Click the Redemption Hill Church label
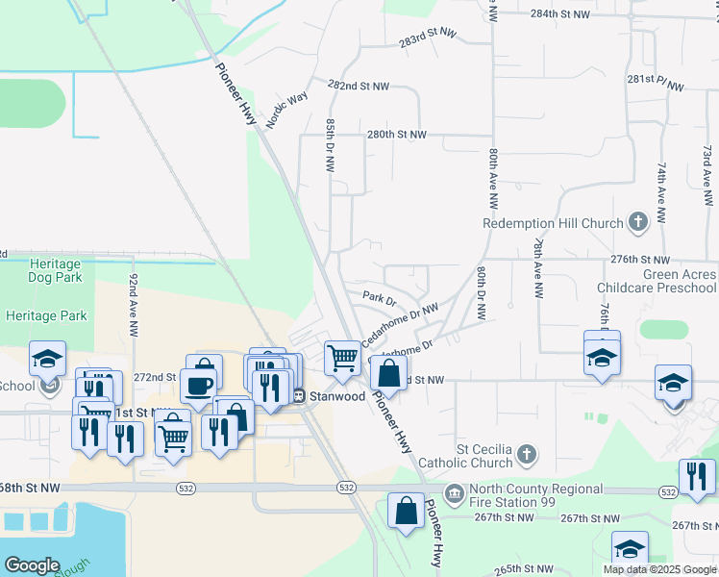553,224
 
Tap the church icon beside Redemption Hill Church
636,223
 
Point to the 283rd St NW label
428,38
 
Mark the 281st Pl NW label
656,83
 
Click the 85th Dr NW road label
331,145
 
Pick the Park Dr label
381,300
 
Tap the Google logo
32,564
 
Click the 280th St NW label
395,135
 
